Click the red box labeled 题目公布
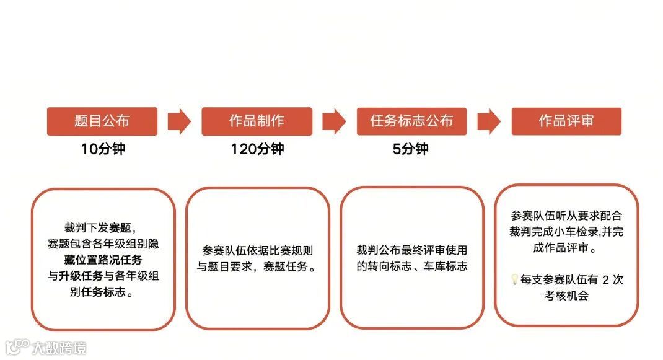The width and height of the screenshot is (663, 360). pos(102,121)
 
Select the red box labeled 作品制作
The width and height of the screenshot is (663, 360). pos(257,121)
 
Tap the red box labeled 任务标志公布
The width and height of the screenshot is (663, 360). pos(411,121)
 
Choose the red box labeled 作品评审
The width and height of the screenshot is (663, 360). pos(566,121)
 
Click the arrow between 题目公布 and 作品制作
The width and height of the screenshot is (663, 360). pos(179,121)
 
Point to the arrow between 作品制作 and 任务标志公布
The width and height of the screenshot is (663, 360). pos(334,121)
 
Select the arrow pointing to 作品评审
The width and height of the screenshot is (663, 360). pos(489,121)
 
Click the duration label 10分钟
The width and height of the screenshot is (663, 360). pos(103,149)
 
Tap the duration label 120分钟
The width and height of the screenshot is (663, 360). pos(257,149)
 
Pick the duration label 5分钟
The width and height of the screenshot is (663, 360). pos(411,149)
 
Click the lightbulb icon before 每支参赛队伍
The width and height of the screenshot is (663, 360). pos(514,280)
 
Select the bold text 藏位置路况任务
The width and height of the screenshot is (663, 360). pos(103,260)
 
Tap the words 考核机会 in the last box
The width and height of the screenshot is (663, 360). pos(566,296)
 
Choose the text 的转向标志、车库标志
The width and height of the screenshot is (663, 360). pos(411,266)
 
